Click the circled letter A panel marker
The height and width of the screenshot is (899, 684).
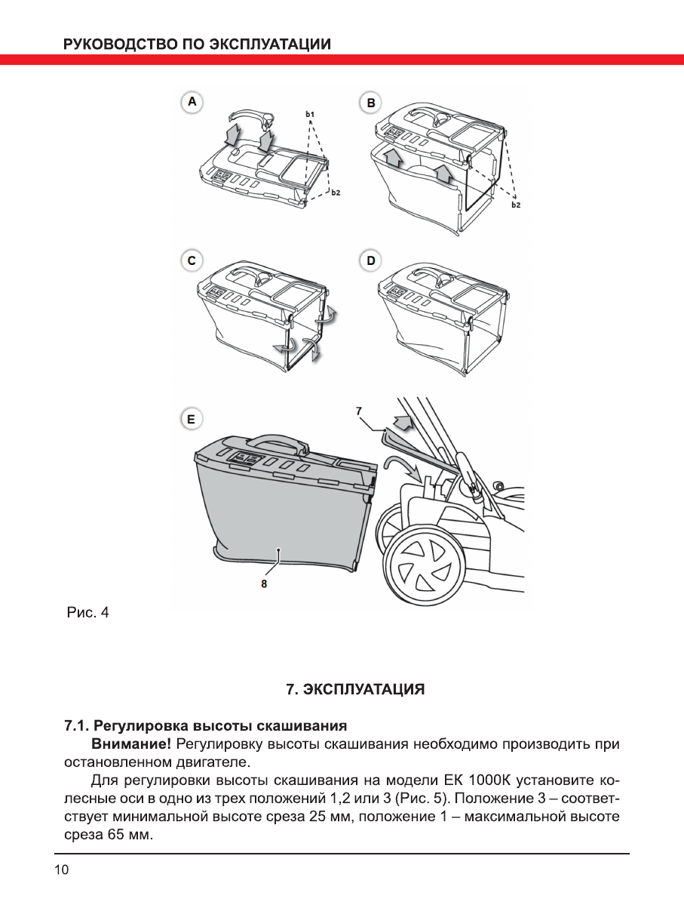click(193, 101)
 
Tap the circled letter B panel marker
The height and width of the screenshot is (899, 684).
click(370, 101)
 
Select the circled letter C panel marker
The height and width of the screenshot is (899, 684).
click(193, 260)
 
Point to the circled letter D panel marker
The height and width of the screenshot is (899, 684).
click(370, 260)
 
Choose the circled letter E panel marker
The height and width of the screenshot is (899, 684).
click(192, 418)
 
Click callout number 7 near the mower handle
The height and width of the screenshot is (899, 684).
click(359, 410)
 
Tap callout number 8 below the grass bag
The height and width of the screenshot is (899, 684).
click(263, 583)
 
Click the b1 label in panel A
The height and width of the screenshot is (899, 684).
click(310, 114)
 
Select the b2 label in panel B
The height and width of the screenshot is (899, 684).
click(516, 205)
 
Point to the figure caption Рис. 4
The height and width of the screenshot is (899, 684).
click(88, 612)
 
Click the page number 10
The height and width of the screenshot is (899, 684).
click(60, 870)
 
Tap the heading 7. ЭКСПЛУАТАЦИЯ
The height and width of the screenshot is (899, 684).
click(355, 689)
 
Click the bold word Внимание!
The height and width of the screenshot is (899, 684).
click(130, 744)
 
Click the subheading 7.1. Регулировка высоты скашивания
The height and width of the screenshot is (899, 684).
click(204, 726)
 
